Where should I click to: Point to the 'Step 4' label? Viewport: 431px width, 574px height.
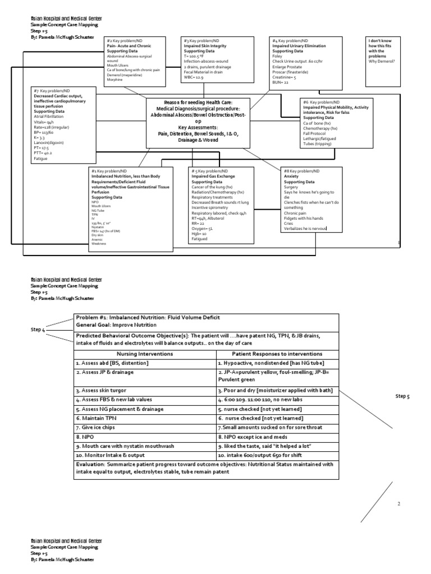click(x=38, y=330)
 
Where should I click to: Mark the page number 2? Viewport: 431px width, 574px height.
click(x=399, y=504)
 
